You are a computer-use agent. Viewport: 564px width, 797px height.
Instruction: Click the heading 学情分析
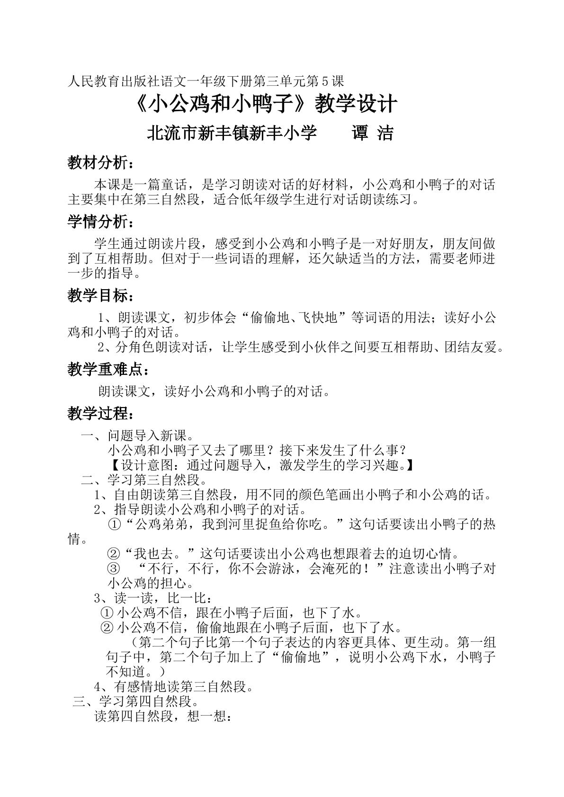[x=100, y=221]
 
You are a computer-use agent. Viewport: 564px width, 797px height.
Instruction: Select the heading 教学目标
[x=100, y=296]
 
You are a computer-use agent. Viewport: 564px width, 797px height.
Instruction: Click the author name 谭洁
[x=373, y=134]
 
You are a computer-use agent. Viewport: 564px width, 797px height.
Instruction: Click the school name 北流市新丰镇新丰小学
[x=232, y=134]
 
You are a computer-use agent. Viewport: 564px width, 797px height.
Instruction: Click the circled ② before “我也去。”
[x=114, y=553]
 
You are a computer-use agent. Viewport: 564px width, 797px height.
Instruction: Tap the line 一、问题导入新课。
[x=137, y=434]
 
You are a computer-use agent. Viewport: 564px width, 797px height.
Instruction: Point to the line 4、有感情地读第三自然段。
[x=174, y=686]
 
